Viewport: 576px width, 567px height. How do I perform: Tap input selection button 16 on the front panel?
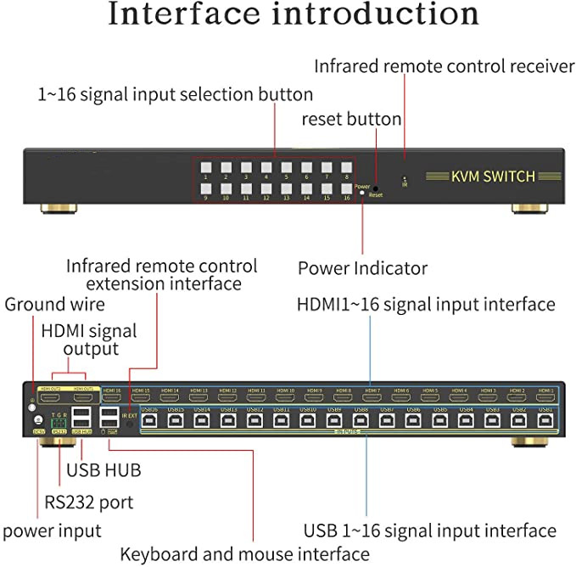click(346, 188)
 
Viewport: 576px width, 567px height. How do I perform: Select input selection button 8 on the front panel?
click(346, 167)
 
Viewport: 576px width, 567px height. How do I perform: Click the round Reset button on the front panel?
click(375, 188)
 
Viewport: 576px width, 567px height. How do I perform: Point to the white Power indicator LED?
click(363, 194)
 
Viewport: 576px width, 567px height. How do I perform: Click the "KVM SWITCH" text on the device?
click(493, 177)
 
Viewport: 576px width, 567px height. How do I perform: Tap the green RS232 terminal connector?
click(59, 422)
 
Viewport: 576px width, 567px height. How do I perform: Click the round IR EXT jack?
click(128, 425)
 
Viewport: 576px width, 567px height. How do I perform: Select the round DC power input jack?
click(37, 419)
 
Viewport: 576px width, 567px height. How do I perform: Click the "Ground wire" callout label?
click(55, 304)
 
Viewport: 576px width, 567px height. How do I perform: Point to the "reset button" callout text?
click(351, 119)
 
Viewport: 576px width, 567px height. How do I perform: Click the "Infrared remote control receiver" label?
click(444, 65)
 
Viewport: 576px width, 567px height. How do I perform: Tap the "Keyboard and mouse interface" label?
click(244, 554)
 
